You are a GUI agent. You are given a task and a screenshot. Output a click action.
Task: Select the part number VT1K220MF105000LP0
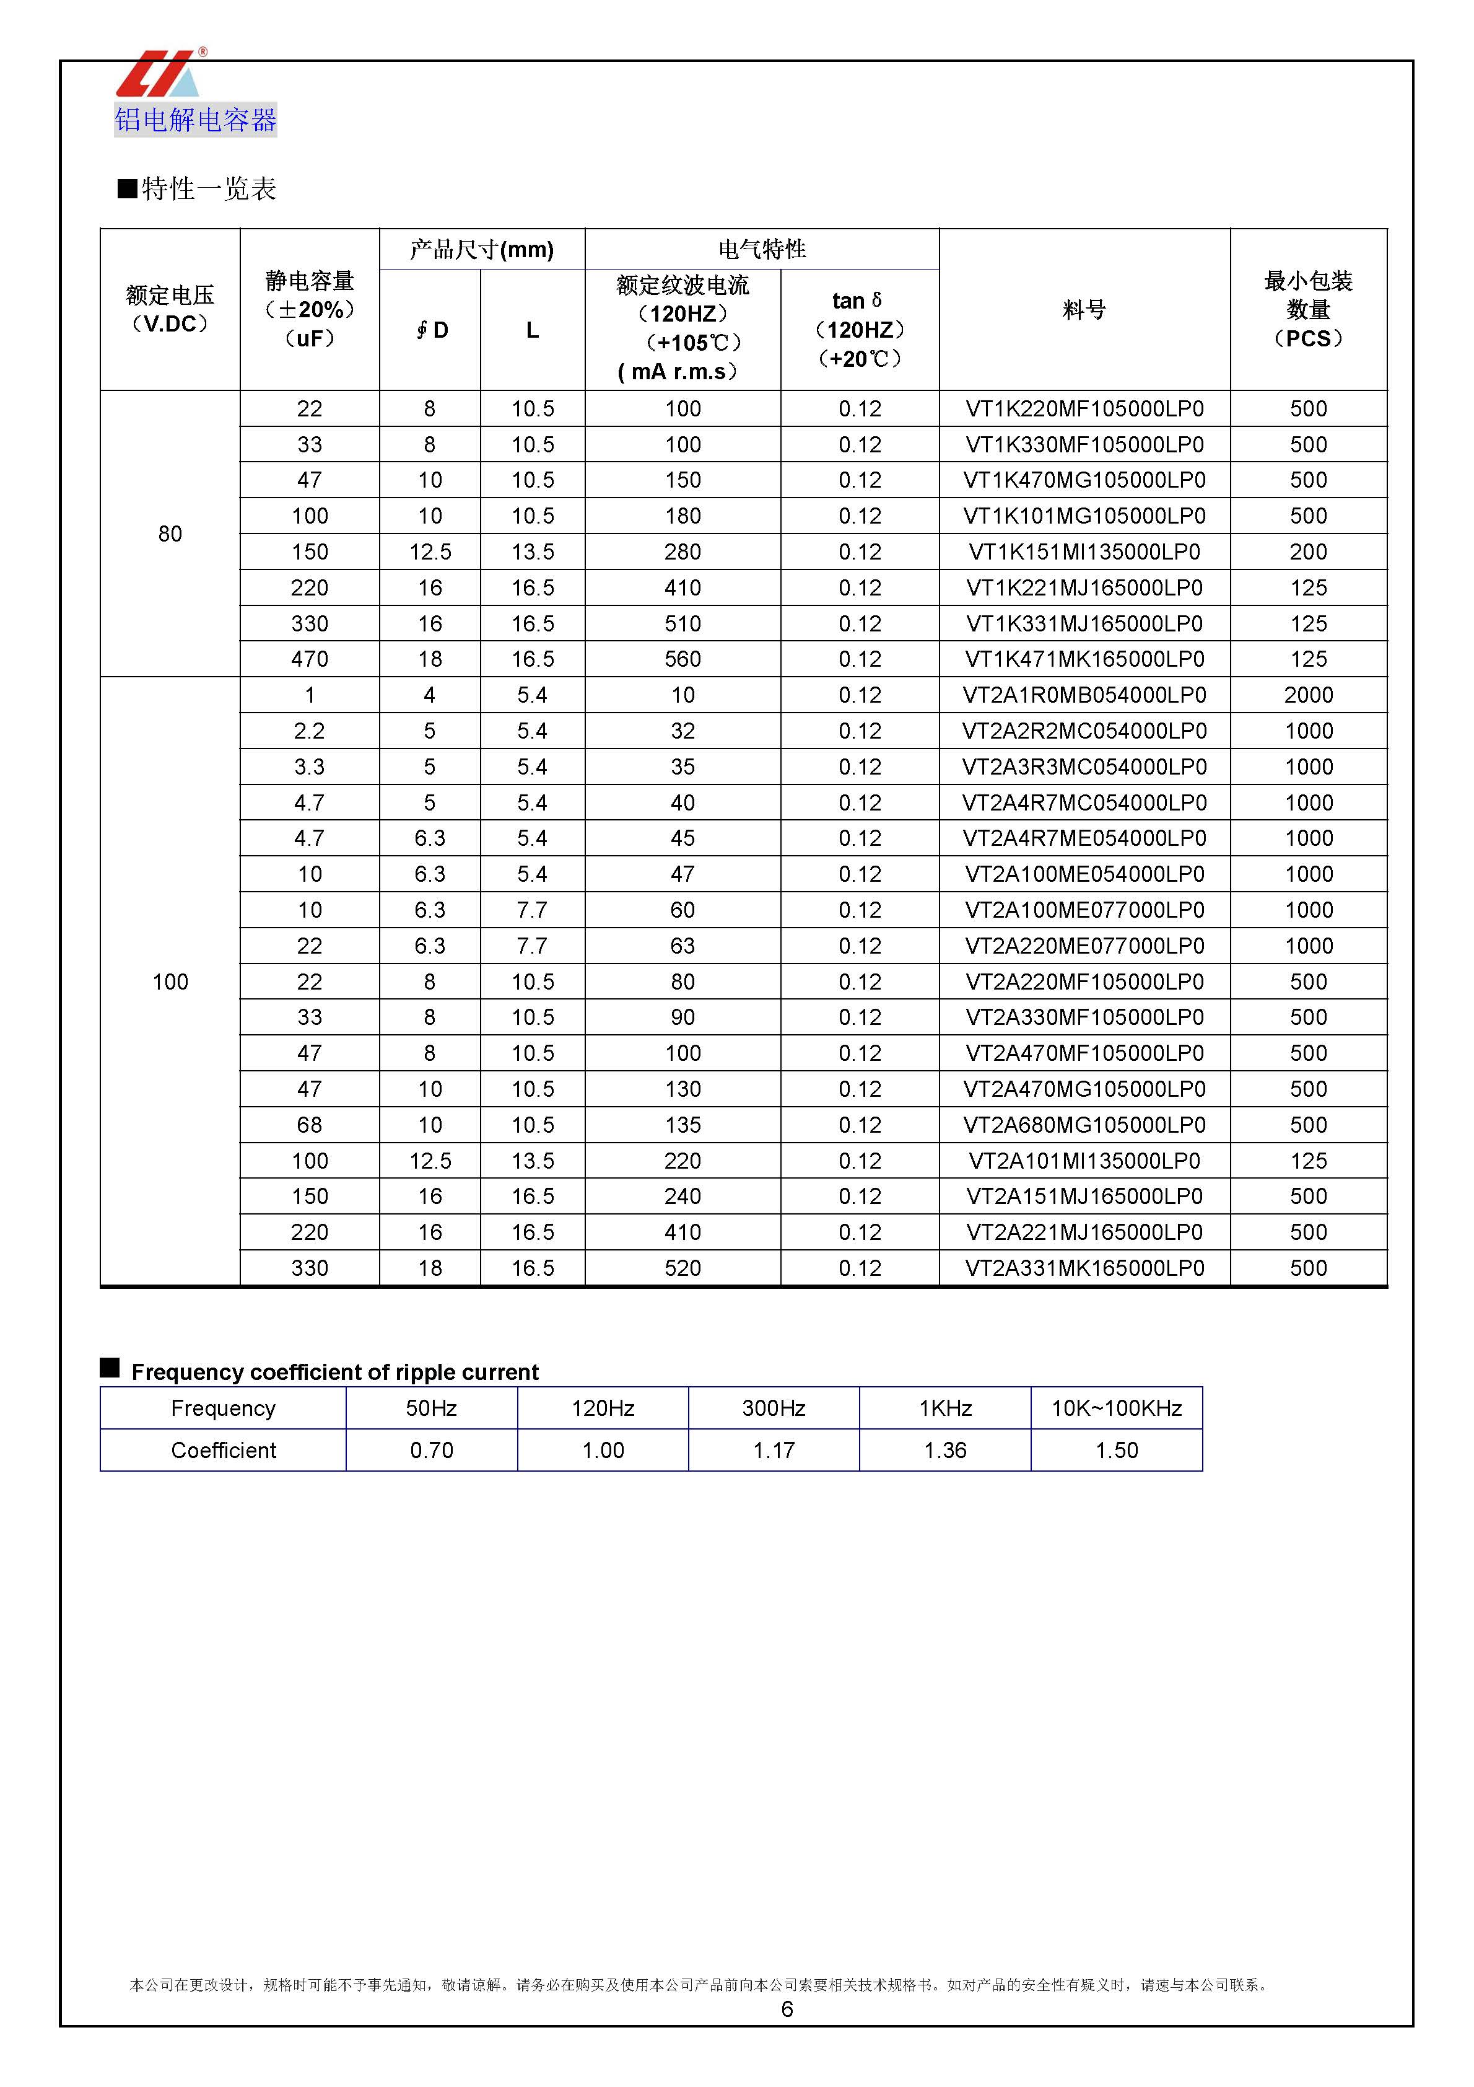click(x=1084, y=409)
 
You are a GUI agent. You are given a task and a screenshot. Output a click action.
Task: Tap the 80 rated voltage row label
click(x=170, y=534)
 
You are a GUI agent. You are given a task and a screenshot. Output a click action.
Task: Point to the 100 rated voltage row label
click(x=170, y=982)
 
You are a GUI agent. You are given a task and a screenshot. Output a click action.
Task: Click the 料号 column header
click(x=1084, y=310)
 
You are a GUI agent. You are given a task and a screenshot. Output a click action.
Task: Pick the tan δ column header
click(x=859, y=329)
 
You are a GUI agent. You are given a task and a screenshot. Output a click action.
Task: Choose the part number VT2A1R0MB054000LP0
click(x=1084, y=695)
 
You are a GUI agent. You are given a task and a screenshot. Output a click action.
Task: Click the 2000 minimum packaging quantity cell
click(x=1307, y=695)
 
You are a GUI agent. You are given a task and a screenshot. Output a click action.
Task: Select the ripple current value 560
click(x=682, y=659)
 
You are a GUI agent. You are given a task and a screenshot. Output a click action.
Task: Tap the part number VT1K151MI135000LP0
click(x=1084, y=551)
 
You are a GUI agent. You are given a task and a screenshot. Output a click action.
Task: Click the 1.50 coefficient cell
click(x=1116, y=1451)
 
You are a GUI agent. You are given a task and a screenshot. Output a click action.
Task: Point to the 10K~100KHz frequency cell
click(x=1116, y=1408)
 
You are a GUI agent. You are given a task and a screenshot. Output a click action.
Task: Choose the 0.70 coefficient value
click(x=431, y=1451)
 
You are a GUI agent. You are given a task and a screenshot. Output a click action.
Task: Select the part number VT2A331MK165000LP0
click(x=1084, y=1268)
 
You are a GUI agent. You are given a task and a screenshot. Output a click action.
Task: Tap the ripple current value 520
click(x=682, y=1268)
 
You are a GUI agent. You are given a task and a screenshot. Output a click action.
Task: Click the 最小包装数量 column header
click(x=1307, y=310)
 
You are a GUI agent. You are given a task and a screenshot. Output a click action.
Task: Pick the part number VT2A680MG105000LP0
click(x=1084, y=1125)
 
